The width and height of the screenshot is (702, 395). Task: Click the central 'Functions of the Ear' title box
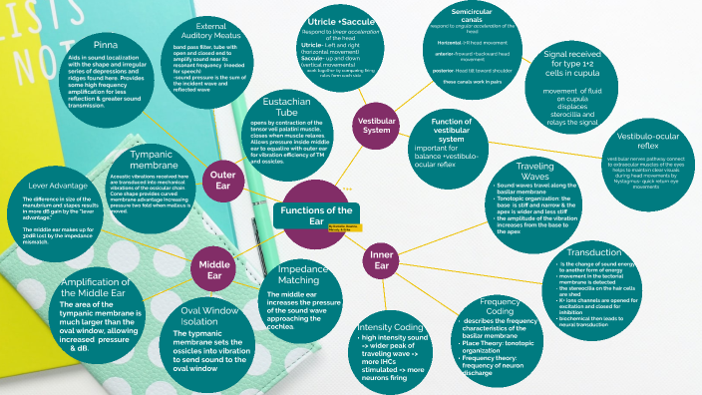[315, 215]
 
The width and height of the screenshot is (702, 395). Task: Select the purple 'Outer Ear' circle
[222, 180]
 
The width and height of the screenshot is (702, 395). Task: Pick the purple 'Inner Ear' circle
[381, 261]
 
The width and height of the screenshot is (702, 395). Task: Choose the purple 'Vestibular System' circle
[376, 126]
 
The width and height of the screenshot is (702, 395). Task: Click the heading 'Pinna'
[107, 46]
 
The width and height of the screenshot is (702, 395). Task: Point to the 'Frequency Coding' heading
[499, 307]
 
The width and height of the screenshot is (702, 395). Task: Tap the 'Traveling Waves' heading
[535, 170]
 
